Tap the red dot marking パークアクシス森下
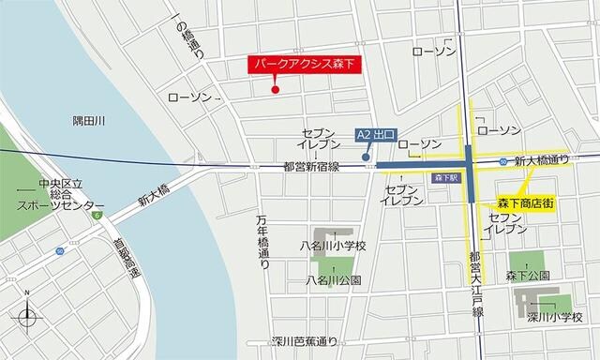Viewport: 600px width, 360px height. coord(275,90)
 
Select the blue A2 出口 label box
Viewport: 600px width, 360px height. coord(378,135)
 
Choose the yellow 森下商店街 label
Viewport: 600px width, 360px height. coord(525,202)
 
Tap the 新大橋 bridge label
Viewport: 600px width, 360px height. coord(152,196)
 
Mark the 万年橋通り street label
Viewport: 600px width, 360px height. coord(263,242)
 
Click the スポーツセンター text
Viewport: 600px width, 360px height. coord(61,205)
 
